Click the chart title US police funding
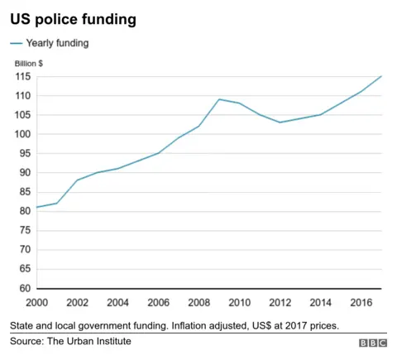click(73, 19)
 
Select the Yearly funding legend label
click(57, 42)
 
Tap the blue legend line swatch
click(17, 42)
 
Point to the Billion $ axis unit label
click(30, 63)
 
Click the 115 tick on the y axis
click(23, 77)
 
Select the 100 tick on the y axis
click(23, 134)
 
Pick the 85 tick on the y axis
click(25, 192)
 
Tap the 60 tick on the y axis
click(25, 288)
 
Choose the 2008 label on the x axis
click(199, 303)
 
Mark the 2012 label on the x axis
click(280, 303)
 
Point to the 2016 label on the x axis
click(361, 303)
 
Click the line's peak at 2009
click(219, 99)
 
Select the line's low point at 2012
click(280, 122)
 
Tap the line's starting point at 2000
click(37, 207)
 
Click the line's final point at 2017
click(381, 76)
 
